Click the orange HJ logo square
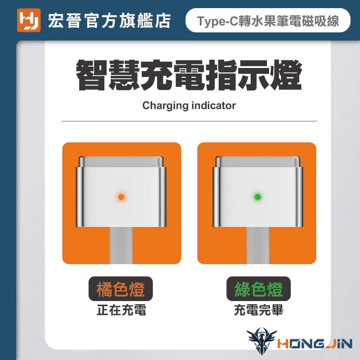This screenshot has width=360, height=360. click(29, 20)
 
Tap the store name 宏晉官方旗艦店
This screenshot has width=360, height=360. click(109, 21)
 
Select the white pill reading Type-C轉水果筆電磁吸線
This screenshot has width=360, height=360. click(268, 20)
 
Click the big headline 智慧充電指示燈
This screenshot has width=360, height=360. click(189, 75)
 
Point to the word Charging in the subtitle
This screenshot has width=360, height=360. click(165, 106)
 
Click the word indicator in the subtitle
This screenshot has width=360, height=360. click(213, 106)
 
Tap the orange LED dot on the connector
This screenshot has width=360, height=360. click(121, 197)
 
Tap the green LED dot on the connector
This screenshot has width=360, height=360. click(257, 197)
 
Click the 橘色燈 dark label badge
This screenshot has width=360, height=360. click(121, 288)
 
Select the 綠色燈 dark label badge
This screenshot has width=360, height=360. click(258, 288)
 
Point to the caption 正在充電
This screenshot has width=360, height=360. click(121, 310)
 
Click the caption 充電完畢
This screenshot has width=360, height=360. click(258, 310)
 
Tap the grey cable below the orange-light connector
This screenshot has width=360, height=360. click(121, 245)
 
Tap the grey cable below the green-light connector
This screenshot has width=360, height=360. click(257, 245)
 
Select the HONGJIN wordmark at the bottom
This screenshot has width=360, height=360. click(315, 344)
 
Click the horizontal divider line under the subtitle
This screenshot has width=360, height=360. click(189, 121)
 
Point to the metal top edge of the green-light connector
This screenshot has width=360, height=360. click(258, 162)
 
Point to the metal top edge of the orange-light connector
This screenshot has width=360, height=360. click(121, 162)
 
